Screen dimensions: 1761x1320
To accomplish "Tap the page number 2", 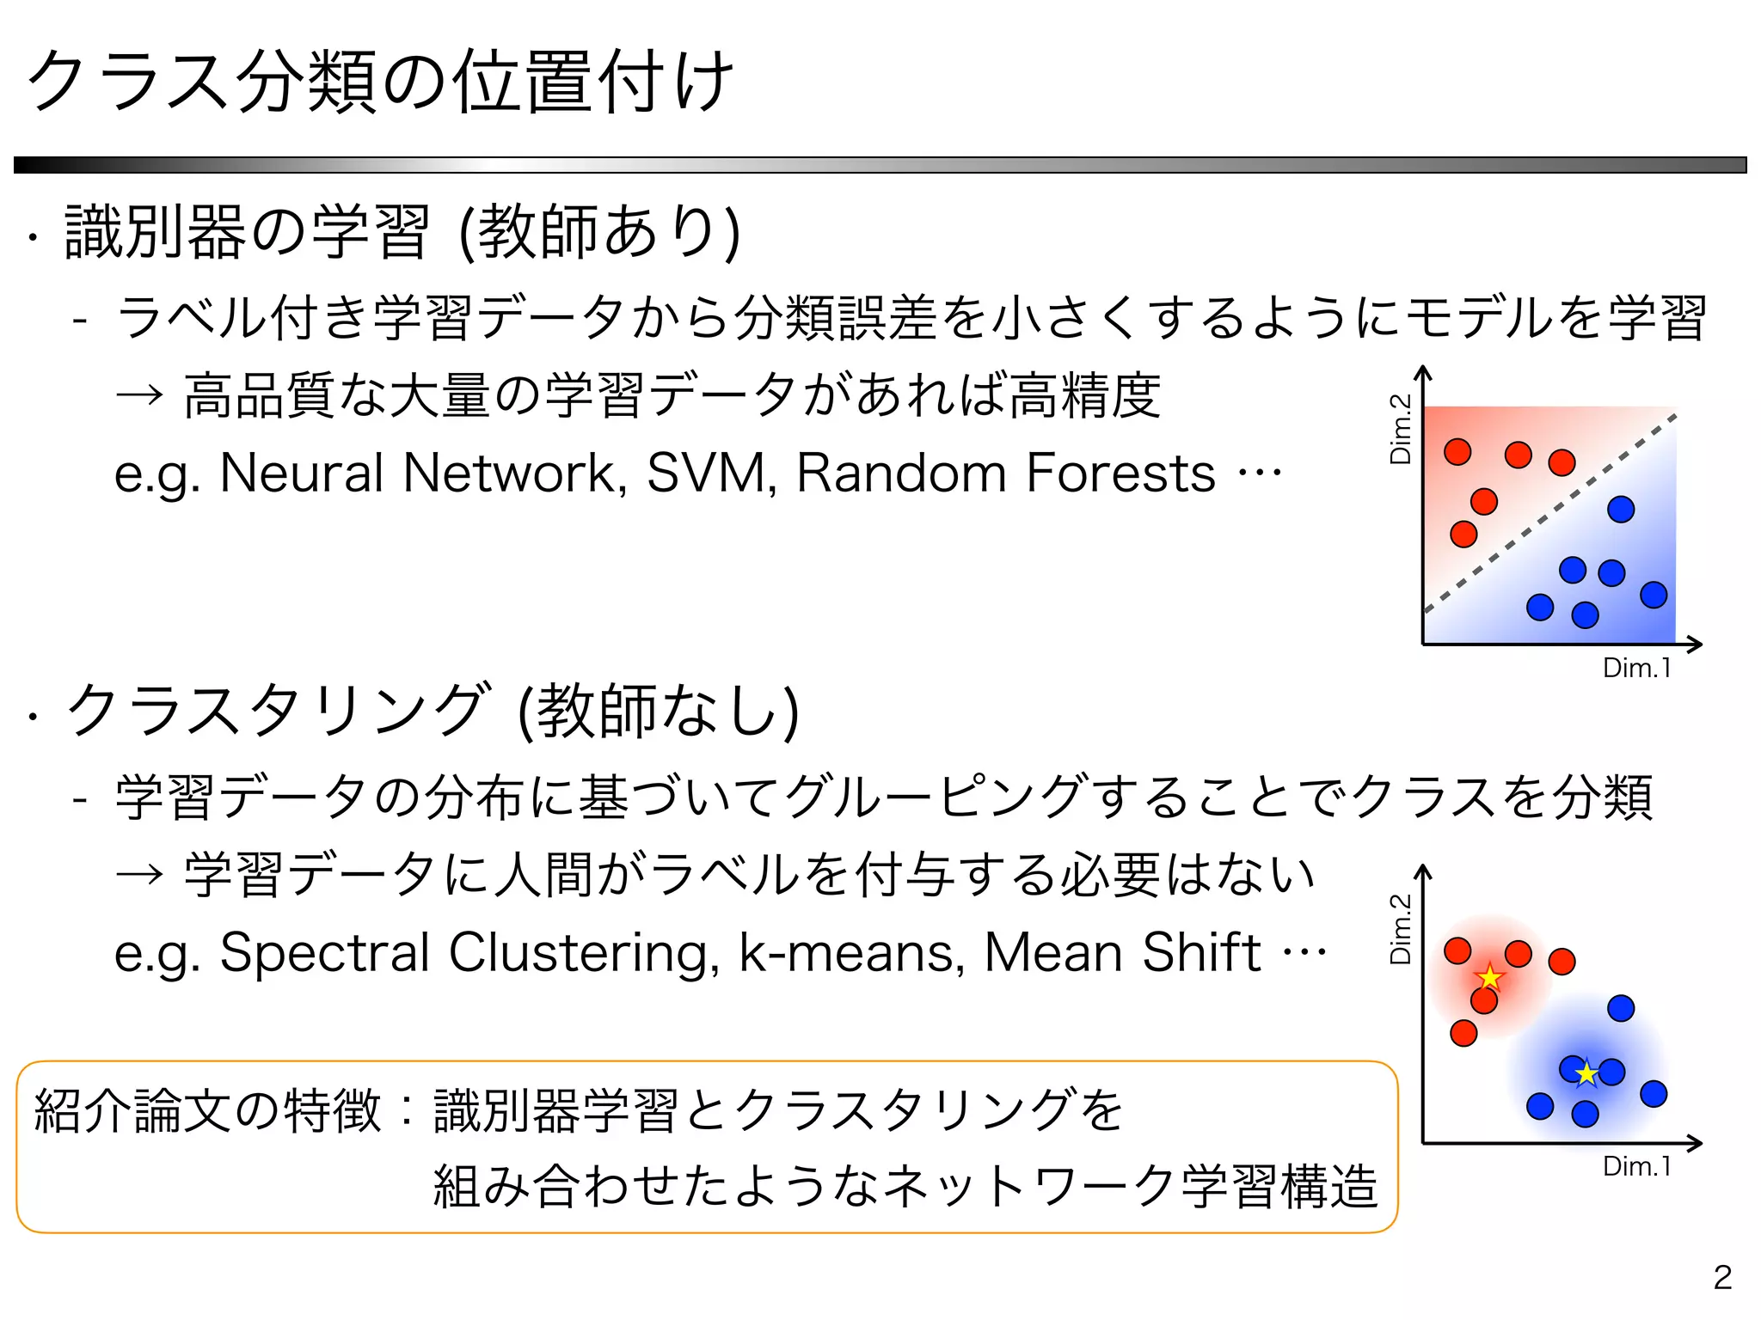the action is point(1721,1277).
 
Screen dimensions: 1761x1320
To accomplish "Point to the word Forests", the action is point(1120,474).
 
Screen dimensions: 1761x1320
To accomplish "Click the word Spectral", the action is point(325,953).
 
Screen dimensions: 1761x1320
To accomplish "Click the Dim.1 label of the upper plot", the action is point(1636,668).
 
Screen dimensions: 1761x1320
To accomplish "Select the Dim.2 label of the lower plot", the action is point(1401,929).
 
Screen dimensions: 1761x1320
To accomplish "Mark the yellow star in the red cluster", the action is point(1489,978).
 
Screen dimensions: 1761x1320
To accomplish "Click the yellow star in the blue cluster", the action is point(1586,1073).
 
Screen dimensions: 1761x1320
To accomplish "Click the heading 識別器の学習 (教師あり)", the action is point(402,232).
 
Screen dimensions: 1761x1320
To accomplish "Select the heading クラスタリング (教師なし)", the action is point(433,712).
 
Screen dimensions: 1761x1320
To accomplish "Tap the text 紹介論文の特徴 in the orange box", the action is point(206,1110).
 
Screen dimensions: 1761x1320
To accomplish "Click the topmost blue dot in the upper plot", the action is point(1621,510).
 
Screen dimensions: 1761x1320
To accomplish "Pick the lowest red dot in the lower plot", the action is point(1463,1032).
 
